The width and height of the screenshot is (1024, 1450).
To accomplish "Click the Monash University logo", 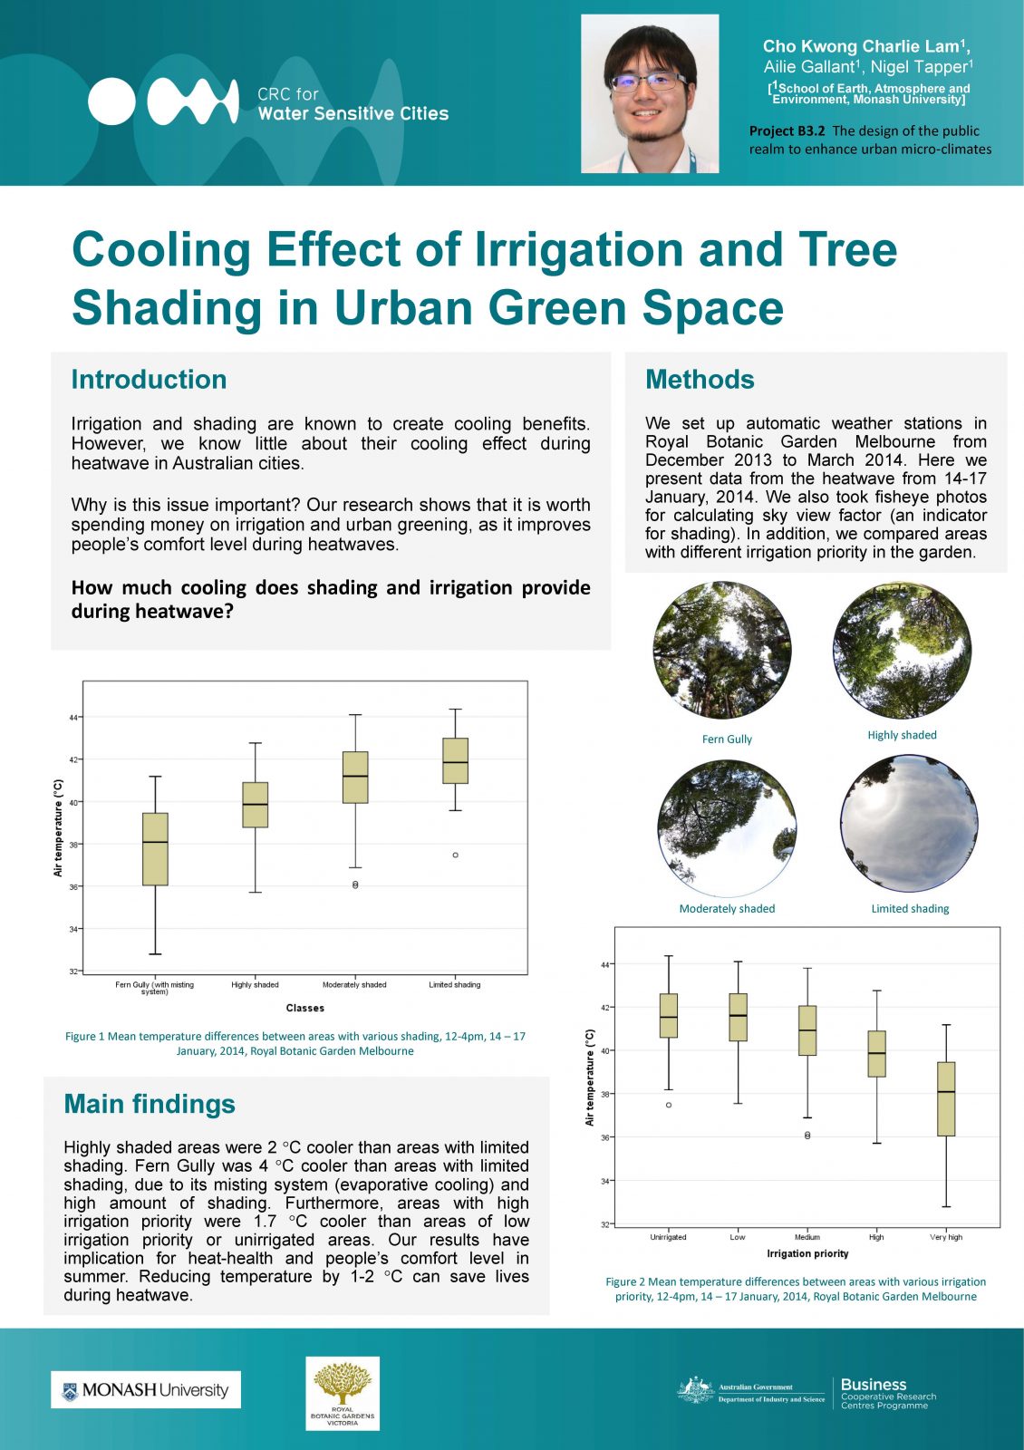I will pos(146,1389).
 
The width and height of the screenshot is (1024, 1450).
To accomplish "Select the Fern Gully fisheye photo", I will pos(722,651).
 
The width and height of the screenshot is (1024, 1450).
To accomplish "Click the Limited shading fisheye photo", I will pos(909,824).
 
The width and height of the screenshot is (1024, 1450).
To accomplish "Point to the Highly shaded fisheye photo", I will pos(902,651).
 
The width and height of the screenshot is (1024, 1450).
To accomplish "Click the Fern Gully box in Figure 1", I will pos(155,848).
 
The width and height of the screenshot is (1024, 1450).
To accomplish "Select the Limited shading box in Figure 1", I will pos(455,760).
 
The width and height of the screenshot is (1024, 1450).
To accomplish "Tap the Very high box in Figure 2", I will pos(945,1098).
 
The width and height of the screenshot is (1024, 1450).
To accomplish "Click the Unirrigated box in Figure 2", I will pos(669,1015).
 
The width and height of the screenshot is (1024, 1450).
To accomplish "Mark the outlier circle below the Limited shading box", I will pos(455,855).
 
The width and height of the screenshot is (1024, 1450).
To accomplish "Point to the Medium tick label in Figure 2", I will pos(807,1237).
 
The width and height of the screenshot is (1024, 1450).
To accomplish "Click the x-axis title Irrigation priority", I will pos(807,1253).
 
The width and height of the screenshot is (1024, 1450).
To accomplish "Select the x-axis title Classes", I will pos(304,1008).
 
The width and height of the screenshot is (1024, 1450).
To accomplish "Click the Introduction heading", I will pos(149,380).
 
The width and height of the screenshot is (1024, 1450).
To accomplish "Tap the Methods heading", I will pos(700,380).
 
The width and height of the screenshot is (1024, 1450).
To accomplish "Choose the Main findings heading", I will pos(150,1104).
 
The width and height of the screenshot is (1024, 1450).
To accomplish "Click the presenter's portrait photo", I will pos(650,93).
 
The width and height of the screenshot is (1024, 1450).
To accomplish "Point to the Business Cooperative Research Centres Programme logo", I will pos(887,1393).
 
